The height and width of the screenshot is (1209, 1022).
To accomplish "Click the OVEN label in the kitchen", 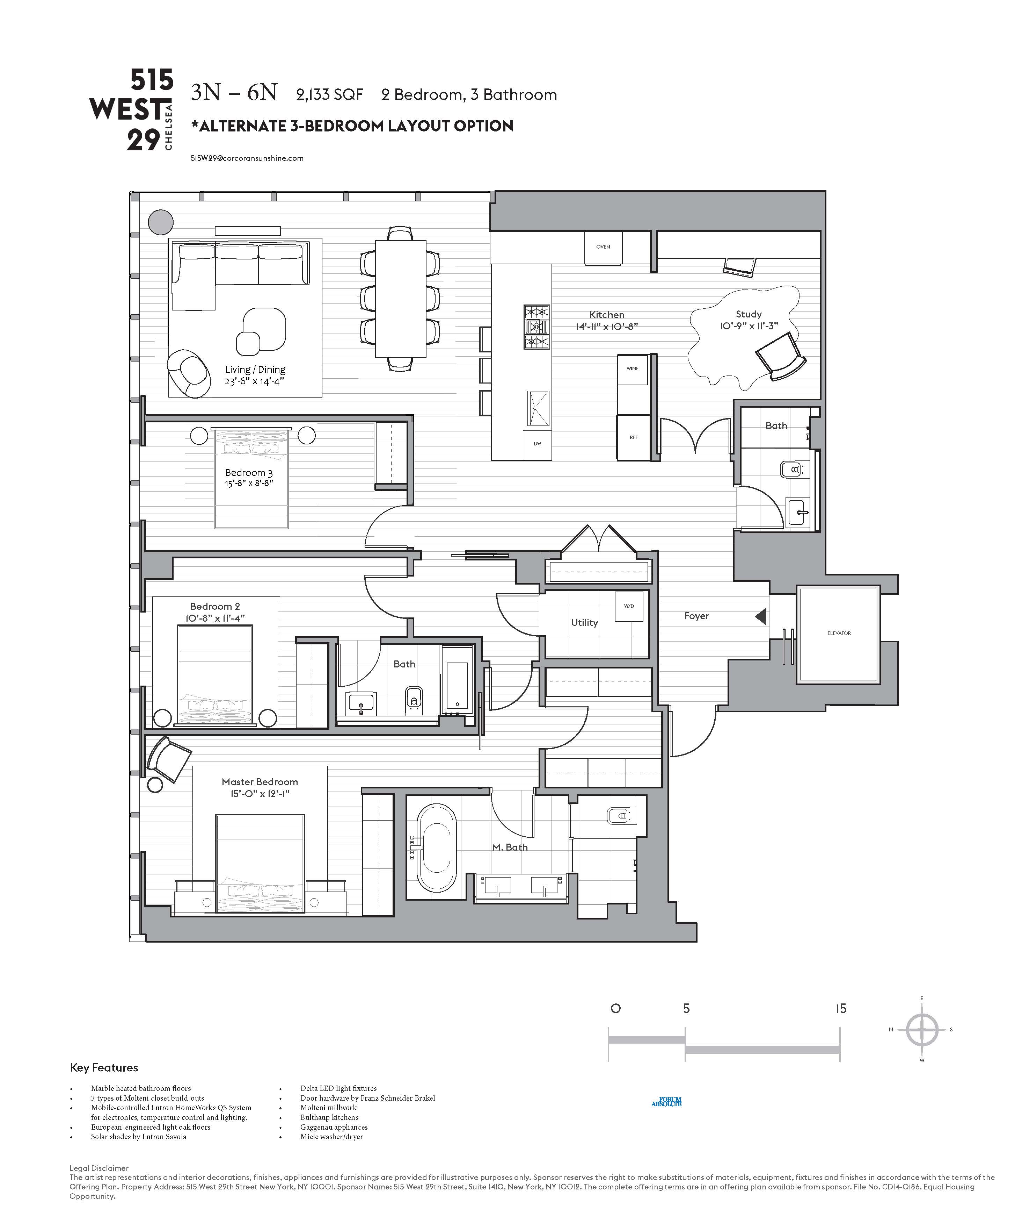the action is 603,247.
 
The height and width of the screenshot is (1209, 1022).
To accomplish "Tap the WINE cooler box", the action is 632,369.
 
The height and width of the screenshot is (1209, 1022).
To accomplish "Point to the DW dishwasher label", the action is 537,444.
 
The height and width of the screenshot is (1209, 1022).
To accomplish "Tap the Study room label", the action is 749,314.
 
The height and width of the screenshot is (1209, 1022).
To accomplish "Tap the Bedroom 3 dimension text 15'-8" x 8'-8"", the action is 249,483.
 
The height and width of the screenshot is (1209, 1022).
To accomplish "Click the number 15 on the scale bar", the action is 841,1009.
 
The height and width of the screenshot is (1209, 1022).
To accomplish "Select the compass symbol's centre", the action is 922,1030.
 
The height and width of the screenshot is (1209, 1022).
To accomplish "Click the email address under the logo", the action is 247,158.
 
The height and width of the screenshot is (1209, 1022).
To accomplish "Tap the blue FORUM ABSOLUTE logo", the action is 666,1102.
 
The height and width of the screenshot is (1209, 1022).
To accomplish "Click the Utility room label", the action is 584,622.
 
